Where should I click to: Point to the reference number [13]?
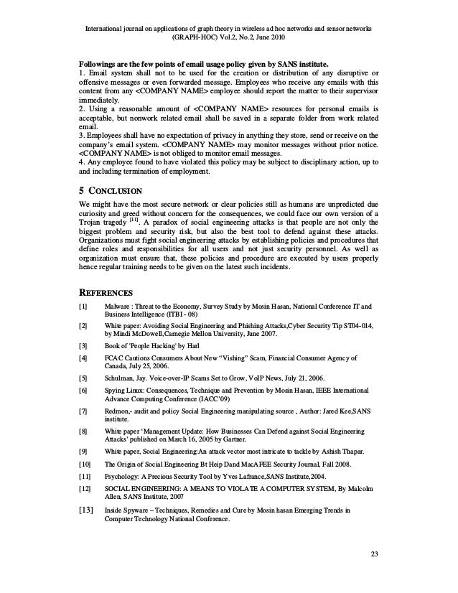point(85,510)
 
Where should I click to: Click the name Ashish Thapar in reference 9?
point(342,452)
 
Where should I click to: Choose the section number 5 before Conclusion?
point(81,190)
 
